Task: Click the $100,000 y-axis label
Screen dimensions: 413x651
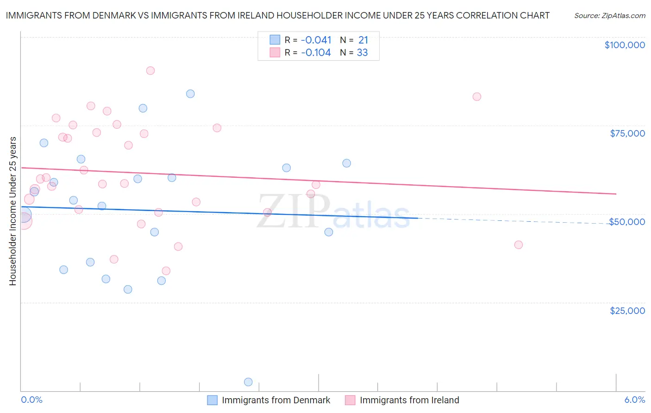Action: pyautogui.click(x=625, y=45)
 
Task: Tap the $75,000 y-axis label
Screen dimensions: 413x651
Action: pyautogui.click(x=627, y=133)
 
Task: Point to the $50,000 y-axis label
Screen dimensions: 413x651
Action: pyautogui.click(x=627, y=222)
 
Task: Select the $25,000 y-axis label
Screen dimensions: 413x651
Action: pyautogui.click(x=627, y=311)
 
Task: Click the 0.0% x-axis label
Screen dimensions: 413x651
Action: pyautogui.click(x=31, y=400)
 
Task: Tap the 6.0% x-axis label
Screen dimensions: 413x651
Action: pyautogui.click(x=634, y=400)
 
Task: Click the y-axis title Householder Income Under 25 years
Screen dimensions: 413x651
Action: pyautogui.click(x=13, y=211)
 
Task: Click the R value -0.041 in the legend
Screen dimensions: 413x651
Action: pyautogui.click(x=316, y=40)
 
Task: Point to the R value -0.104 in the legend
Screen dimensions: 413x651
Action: pyautogui.click(x=316, y=53)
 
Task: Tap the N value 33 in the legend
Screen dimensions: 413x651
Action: pyautogui.click(x=362, y=53)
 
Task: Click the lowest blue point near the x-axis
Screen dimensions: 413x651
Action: pyautogui.click(x=248, y=382)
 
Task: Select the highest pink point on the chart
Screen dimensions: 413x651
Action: pyautogui.click(x=150, y=71)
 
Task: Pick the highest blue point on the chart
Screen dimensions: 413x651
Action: pyautogui.click(x=190, y=94)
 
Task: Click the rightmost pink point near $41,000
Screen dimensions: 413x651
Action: pyautogui.click(x=519, y=245)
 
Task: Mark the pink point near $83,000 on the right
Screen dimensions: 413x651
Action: pyautogui.click(x=477, y=97)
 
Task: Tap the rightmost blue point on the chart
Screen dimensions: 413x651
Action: pyautogui.click(x=346, y=163)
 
